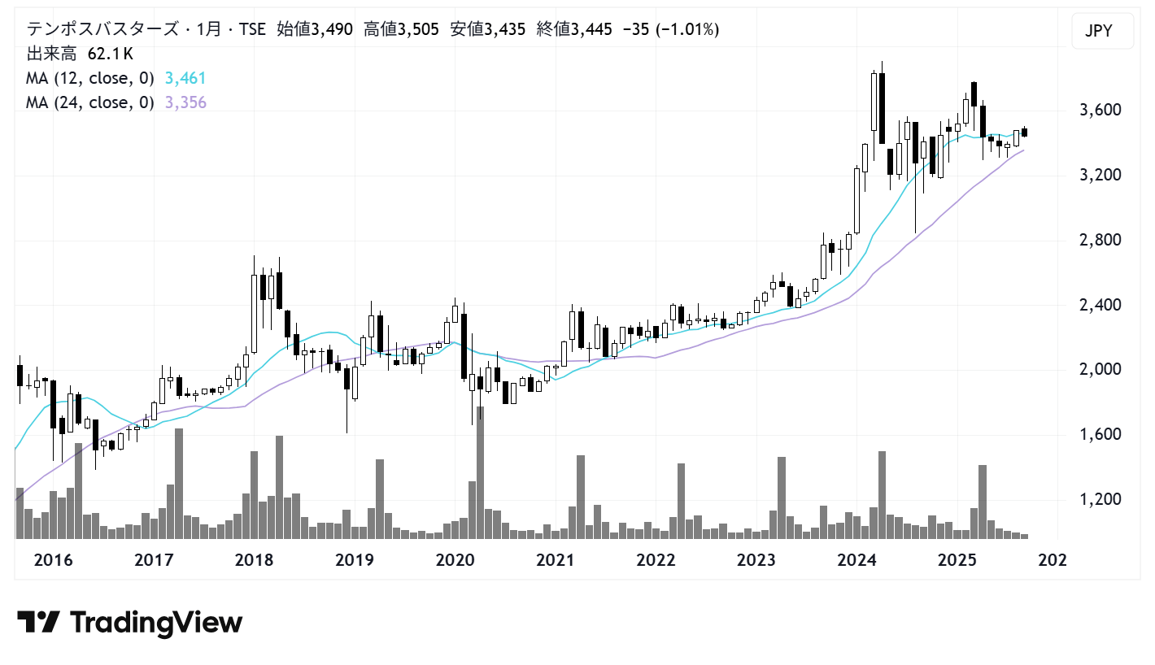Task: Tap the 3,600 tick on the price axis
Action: coord(1101,110)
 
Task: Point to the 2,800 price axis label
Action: coord(1101,240)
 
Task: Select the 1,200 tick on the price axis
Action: coord(1101,499)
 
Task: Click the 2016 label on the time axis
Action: coord(53,560)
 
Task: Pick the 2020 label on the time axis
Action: coord(455,560)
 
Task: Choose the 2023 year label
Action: coord(756,560)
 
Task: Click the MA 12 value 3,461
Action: coord(185,78)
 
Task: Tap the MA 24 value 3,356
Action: coord(185,102)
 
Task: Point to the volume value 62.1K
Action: coord(111,54)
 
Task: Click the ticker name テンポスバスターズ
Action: coord(102,29)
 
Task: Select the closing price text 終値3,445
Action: coord(574,29)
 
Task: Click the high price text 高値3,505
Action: coord(401,29)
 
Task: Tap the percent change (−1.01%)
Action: coord(686,29)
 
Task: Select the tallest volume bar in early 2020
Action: coord(480,472)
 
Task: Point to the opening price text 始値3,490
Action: coord(315,29)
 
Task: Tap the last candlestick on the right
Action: coord(1025,133)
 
